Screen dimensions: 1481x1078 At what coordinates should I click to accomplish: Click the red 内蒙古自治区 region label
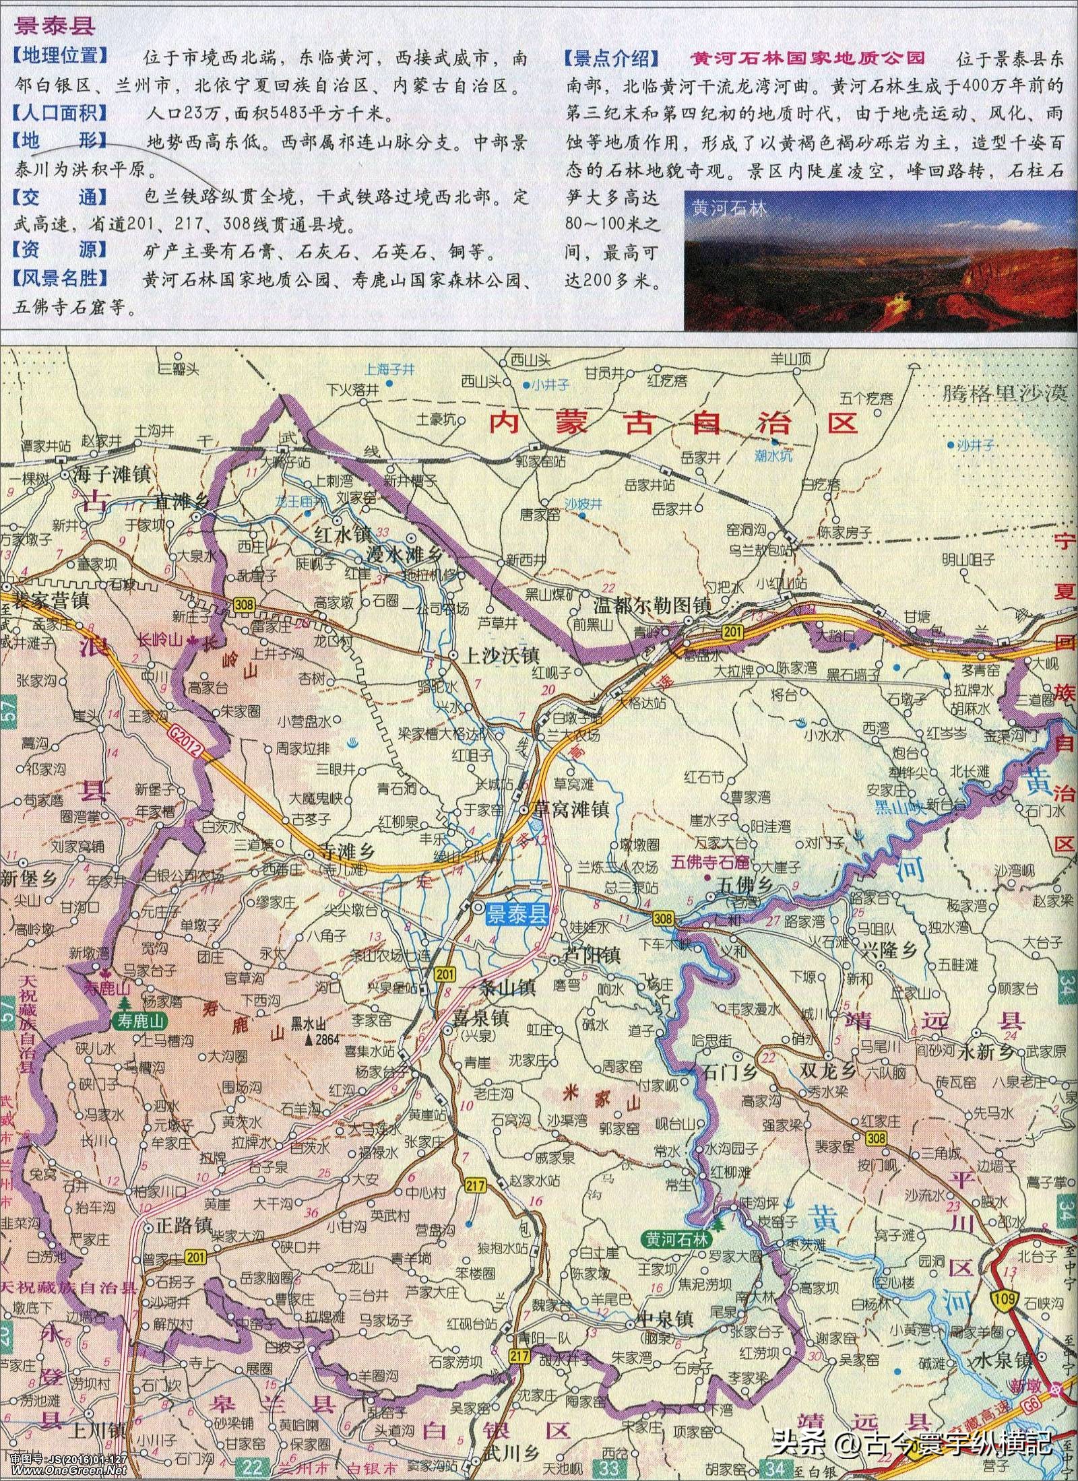coord(674,422)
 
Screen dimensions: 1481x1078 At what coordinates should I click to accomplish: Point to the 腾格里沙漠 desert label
coord(1003,393)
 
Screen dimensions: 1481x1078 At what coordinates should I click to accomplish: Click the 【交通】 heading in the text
coord(60,197)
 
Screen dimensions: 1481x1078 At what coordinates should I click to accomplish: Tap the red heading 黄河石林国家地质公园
coord(807,58)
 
